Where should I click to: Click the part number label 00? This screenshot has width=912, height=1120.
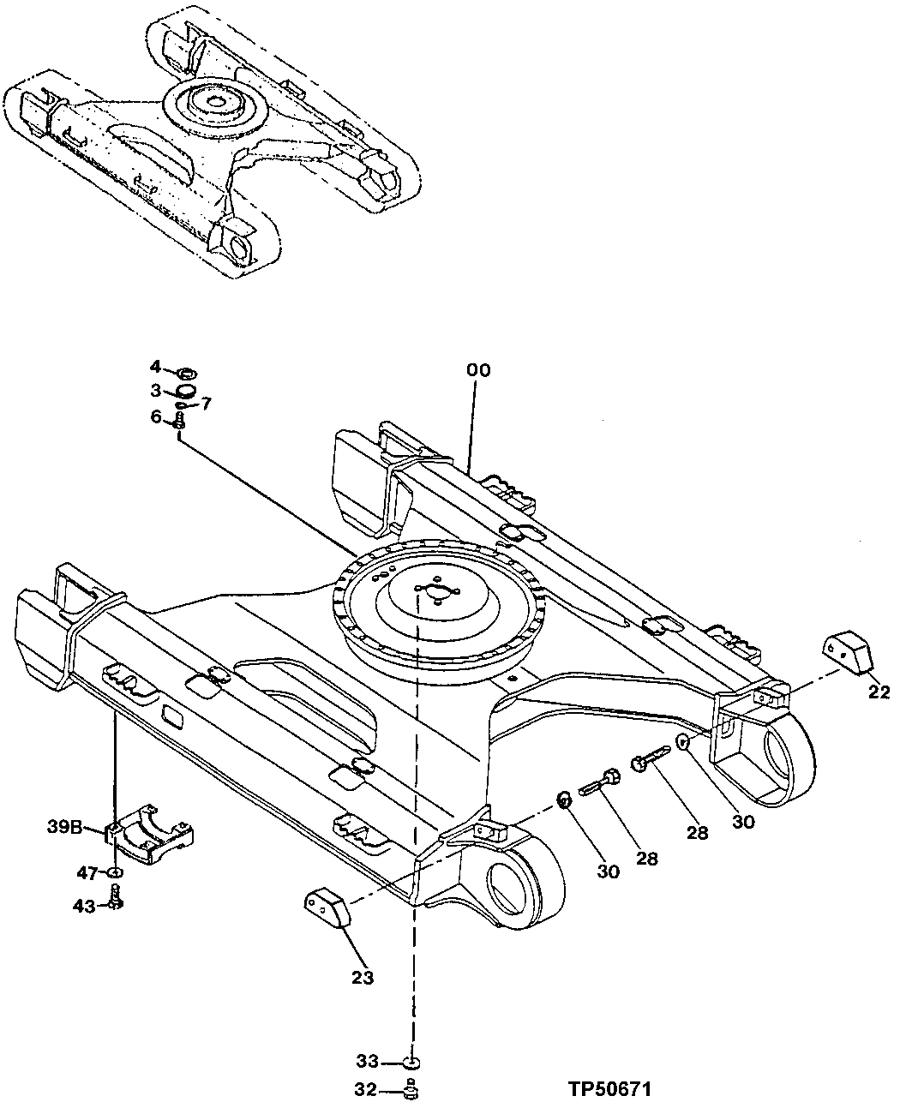click(478, 370)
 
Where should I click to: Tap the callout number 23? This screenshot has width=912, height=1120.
click(363, 978)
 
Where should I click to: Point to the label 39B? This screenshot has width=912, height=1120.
click(64, 827)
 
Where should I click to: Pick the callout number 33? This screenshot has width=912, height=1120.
click(368, 1062)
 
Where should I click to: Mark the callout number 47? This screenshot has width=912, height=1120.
click(87, 872)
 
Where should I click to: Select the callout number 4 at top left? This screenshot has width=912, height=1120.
click(155, 367)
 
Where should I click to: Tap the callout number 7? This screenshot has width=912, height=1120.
click(206, 403)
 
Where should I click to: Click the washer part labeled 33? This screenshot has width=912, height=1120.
click(412, 1063)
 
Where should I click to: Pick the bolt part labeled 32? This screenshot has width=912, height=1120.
click(411, 1090)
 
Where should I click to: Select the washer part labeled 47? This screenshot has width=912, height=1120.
click(116, 872)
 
